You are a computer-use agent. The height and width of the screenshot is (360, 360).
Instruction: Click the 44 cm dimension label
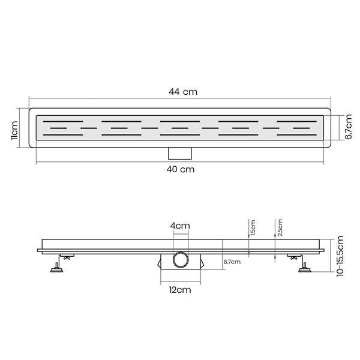click(x=183, y=92)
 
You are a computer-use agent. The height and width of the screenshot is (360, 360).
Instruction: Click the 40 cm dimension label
click(x=181, y=169)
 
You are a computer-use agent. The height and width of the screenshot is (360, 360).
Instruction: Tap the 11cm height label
click(x=14, y=130)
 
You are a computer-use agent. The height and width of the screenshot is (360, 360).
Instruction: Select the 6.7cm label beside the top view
click(x=348, y=127)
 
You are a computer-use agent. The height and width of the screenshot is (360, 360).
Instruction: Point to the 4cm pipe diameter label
click(x=180, y=226)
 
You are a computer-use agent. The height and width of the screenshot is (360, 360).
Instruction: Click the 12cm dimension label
click(x=180, y=290)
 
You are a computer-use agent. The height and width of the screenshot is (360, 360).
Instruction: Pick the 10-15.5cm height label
click(x=340, y=256)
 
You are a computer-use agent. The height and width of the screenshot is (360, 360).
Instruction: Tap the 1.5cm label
click(x=253, y=228)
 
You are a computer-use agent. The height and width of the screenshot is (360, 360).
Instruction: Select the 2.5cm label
click(x=280, y=227)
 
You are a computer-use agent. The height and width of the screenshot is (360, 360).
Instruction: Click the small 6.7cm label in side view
click(x=232, y=262)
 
